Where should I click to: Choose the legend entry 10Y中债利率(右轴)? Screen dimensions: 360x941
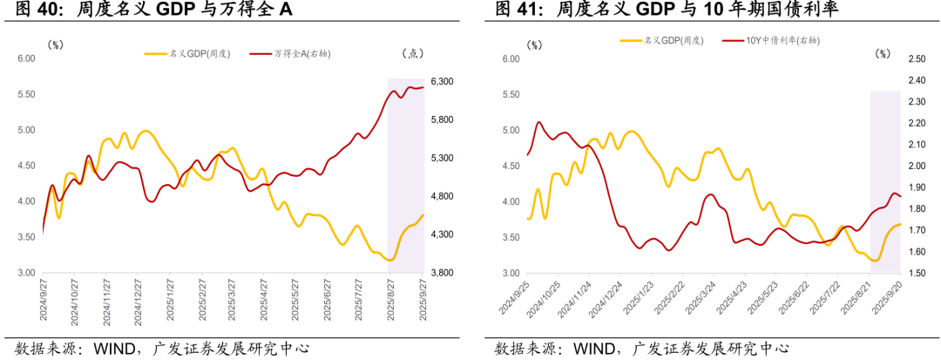point(783,40)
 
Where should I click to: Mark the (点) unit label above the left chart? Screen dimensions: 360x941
point(411,53)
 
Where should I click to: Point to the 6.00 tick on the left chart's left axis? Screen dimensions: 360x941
point(25,58)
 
